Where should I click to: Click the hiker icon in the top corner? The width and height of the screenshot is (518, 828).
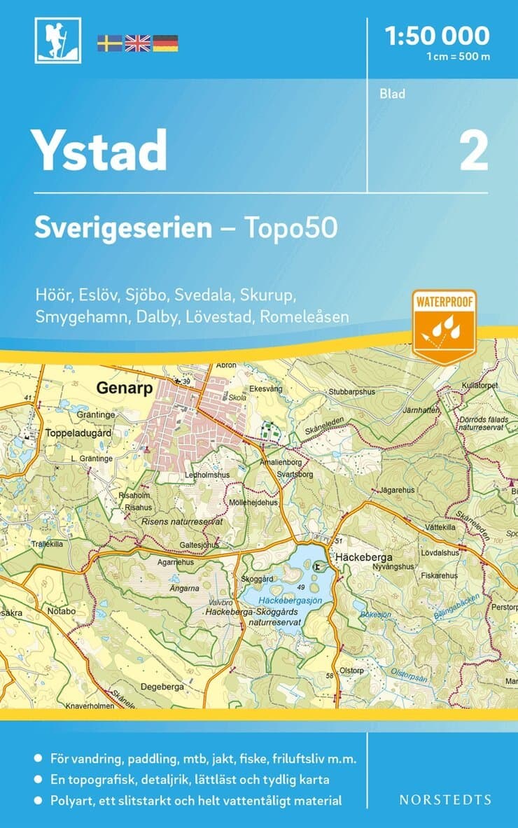[57, 40]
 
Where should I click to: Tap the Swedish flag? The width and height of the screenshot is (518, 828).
[109, 43]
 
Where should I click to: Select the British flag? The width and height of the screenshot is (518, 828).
[137, 43]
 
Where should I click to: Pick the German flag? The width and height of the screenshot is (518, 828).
[165, 43]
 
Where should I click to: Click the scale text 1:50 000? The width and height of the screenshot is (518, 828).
[437, 35]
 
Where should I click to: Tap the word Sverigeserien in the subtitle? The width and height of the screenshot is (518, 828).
[123, 228]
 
